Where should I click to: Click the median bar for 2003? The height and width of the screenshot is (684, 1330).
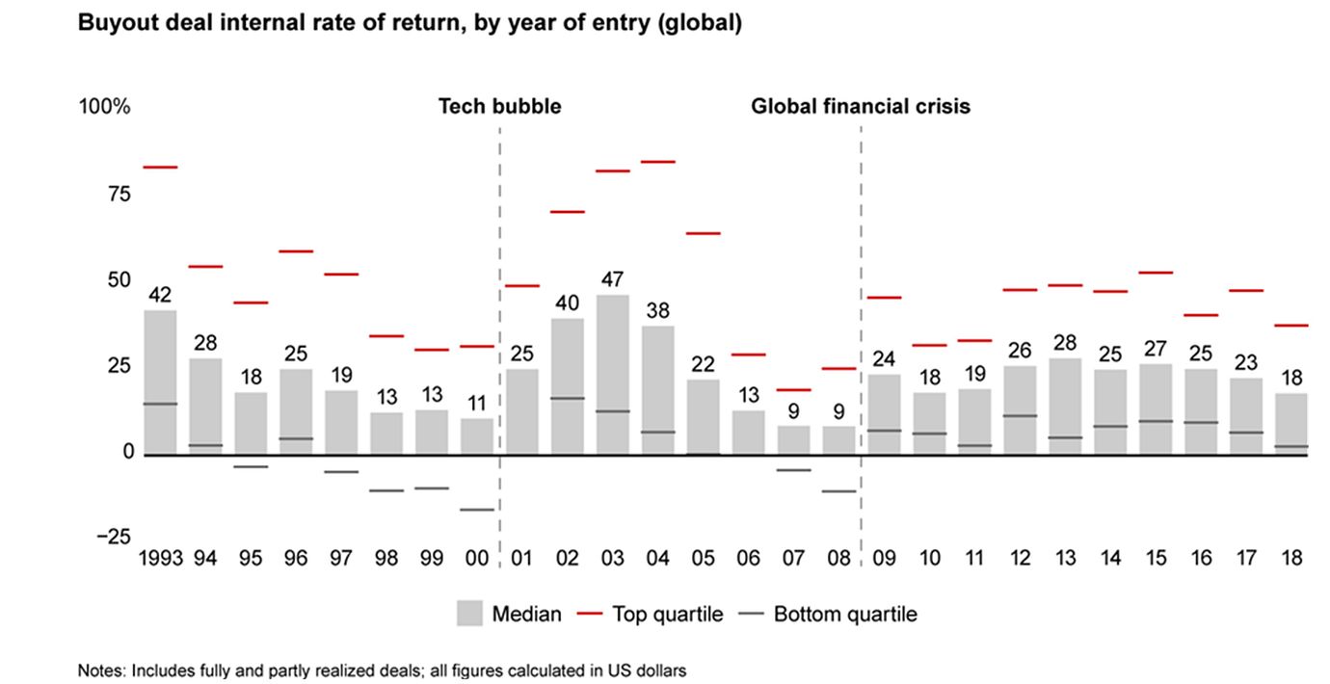(612, 375)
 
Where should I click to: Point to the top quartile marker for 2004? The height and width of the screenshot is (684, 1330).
(657, 162)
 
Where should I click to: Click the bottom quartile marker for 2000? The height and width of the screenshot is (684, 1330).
(476, 510)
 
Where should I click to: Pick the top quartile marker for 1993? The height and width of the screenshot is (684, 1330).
(160, 168)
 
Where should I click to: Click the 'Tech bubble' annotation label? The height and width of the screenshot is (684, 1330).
(499, 107)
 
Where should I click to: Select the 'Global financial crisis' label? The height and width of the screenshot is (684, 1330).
(861, 107)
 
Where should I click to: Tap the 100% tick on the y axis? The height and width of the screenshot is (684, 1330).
(104, 107)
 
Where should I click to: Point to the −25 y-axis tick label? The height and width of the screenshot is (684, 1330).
(113, 538)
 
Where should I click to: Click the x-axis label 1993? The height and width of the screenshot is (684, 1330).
(160, 558)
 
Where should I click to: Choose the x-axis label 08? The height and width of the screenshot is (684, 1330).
(838, 558)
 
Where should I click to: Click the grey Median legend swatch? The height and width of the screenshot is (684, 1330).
(470, 614)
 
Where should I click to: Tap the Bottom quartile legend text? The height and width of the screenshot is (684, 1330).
(845, 614)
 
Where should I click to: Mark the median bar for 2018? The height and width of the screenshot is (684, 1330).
(1290, 424)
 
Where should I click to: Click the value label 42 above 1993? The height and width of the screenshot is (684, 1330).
(160, 295)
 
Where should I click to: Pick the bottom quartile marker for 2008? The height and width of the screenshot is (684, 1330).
(838, 491)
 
